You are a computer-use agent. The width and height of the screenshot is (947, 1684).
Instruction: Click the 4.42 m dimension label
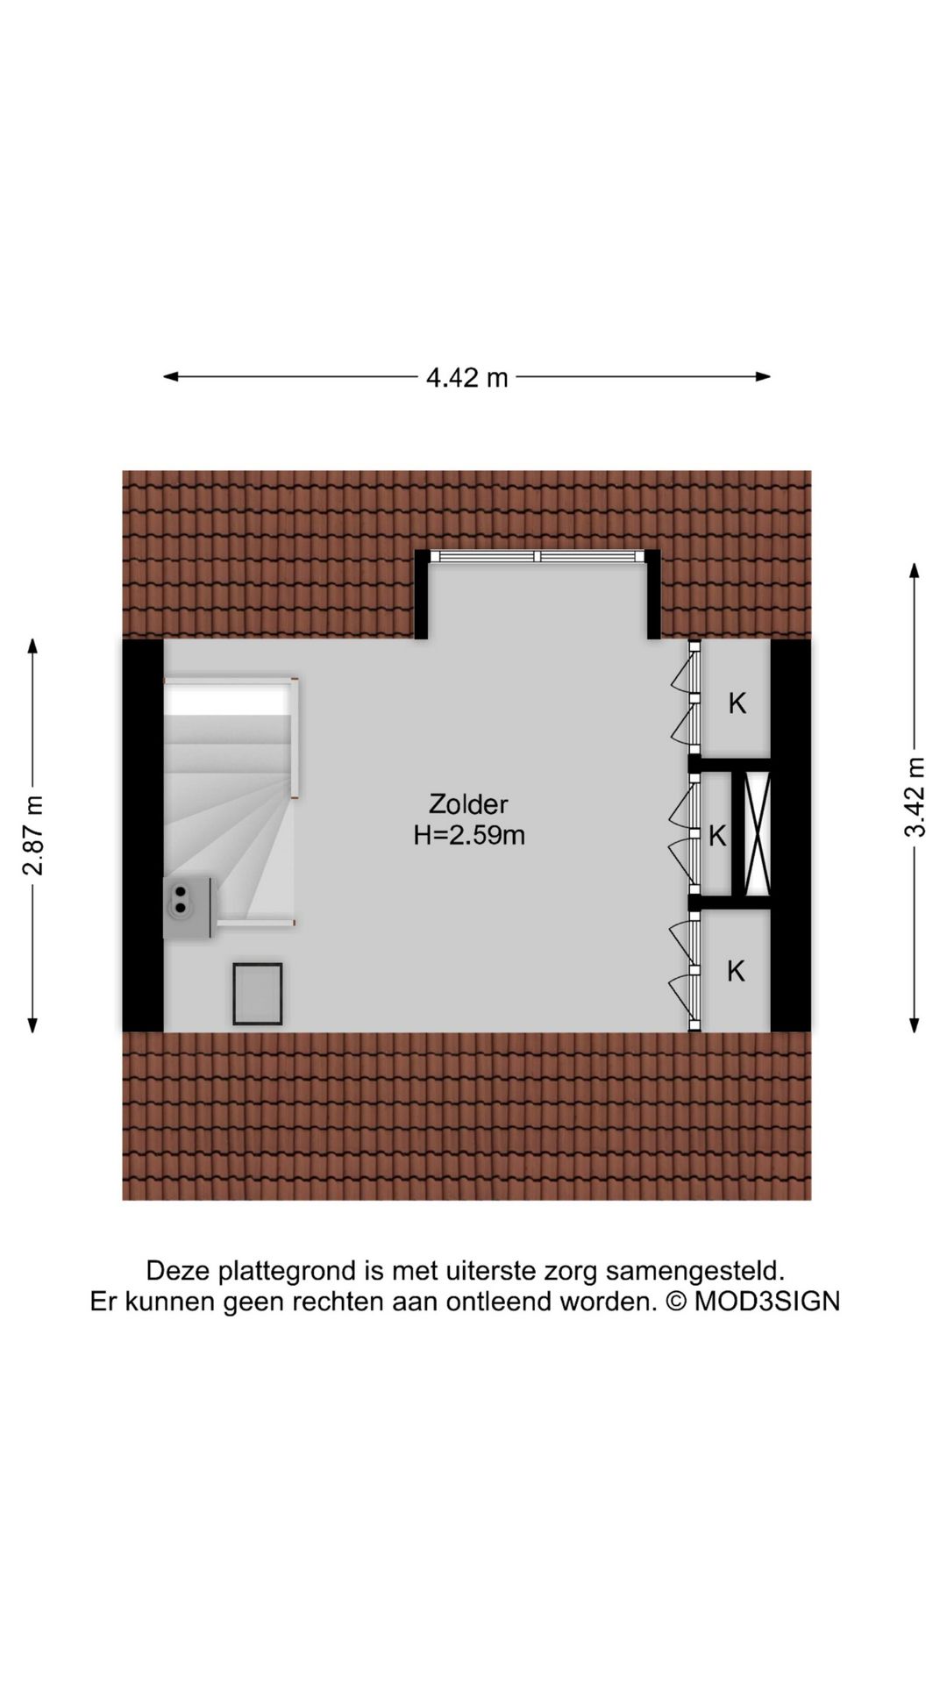click(466, 377)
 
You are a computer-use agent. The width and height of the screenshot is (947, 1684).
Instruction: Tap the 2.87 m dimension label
click(33, 835)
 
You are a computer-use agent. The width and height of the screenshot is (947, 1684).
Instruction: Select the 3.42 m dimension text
click(915, 796)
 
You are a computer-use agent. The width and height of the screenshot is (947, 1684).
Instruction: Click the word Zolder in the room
click(468, 803)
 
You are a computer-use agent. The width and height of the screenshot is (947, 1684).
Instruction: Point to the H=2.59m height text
click(469, 835)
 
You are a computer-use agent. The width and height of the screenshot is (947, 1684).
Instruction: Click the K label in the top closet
click(737, 703)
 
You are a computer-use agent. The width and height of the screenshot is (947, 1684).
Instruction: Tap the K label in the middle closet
click(717, 836)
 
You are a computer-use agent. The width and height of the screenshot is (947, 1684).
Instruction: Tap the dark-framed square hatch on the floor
click(258, 994)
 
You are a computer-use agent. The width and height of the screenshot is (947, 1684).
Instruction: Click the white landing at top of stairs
click(228, 698)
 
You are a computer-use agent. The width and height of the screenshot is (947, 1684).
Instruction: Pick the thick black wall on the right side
click(790, 835)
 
